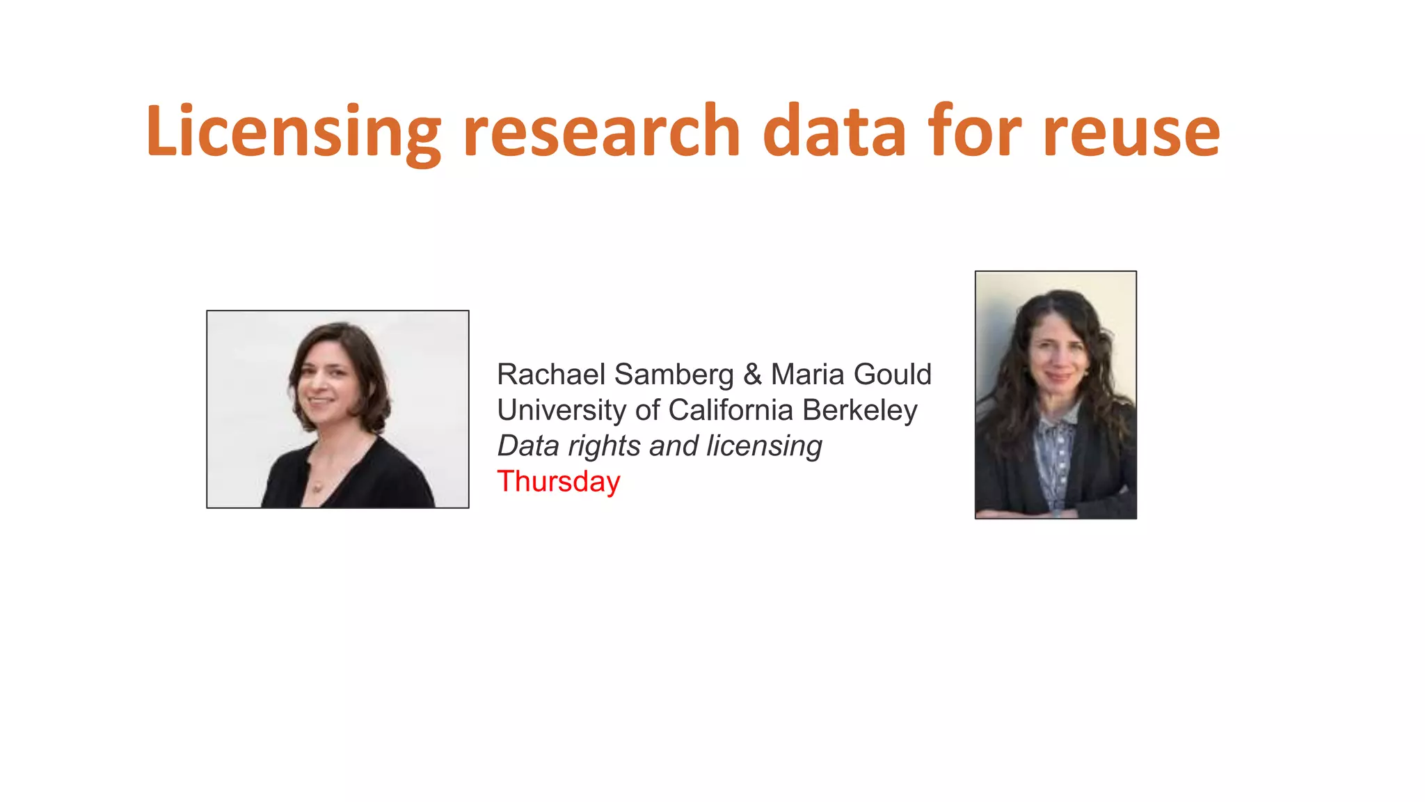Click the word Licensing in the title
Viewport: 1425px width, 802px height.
(x=293, y=132)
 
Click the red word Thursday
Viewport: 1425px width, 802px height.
(x=558, y=482)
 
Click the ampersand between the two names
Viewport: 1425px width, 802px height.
(x=752, y=375)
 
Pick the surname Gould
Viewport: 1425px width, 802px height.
(x=892, y=375)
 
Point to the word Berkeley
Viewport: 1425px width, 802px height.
(x=859, y=411)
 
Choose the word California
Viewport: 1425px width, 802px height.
(x=731, y=410)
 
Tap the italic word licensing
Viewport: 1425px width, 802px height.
(x=764, y=446)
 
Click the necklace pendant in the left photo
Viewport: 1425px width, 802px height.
(x=318, y=487)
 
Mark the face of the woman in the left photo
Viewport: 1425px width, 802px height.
(x=325, y=379)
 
